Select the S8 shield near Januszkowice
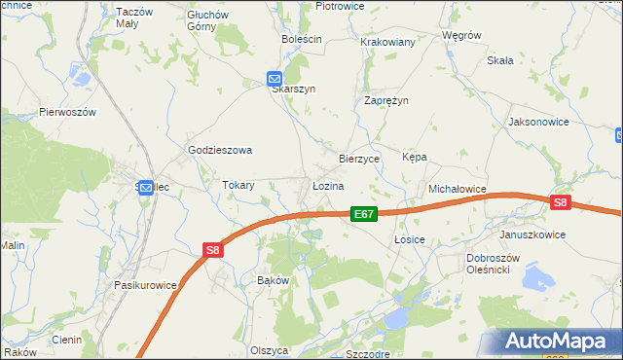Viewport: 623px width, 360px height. (x=559, y=202)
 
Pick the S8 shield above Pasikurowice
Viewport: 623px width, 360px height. (x=213, y=250)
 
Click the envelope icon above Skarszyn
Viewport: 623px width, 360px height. (x=275, y=78)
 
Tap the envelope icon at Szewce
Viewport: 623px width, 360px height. (x=146, y=188)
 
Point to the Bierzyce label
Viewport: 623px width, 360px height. (x=358, y=157)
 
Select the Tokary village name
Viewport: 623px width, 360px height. (x=238, y=185)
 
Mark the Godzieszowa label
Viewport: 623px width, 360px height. (x=220, y=150)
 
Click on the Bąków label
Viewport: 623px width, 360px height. (x=273, y=279)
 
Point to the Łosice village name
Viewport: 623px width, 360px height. (x=411, y=238)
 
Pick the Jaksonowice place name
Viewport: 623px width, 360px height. (x=538, y=123)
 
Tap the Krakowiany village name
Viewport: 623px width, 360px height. (x=388, y=42)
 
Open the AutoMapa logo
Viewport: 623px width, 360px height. (x=558, y=342)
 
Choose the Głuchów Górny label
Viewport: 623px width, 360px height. (x=207, y=20)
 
